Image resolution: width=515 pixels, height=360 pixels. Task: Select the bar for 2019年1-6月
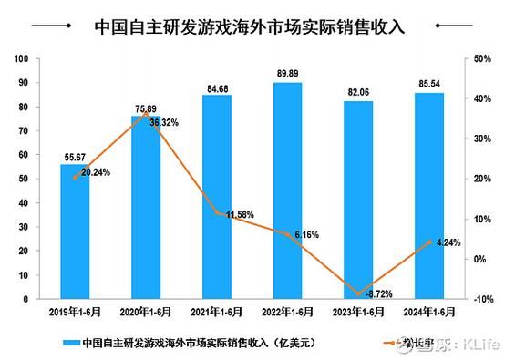[x=75, y=231]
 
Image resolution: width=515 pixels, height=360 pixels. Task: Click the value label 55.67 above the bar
[x=75, y=158]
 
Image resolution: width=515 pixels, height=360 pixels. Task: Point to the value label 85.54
[x=428, y=86]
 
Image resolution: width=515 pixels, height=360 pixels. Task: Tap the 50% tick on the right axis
[x=483, y=59]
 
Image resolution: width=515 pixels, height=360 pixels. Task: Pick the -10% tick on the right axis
[x=483, y=299]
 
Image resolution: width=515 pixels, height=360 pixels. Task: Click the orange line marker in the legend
[x=403, y=345]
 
